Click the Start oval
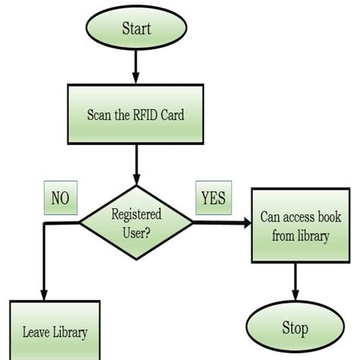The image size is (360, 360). (136, 29)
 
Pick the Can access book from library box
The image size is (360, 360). (295, 226)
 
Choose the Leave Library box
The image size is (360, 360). (54, 331)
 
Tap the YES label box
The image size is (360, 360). (213, 198)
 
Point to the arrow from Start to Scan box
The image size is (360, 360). (136, 68)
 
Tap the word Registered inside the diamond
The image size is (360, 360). (136, 215)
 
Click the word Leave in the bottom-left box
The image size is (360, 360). (36, 332)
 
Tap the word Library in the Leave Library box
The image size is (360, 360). (70, 332)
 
